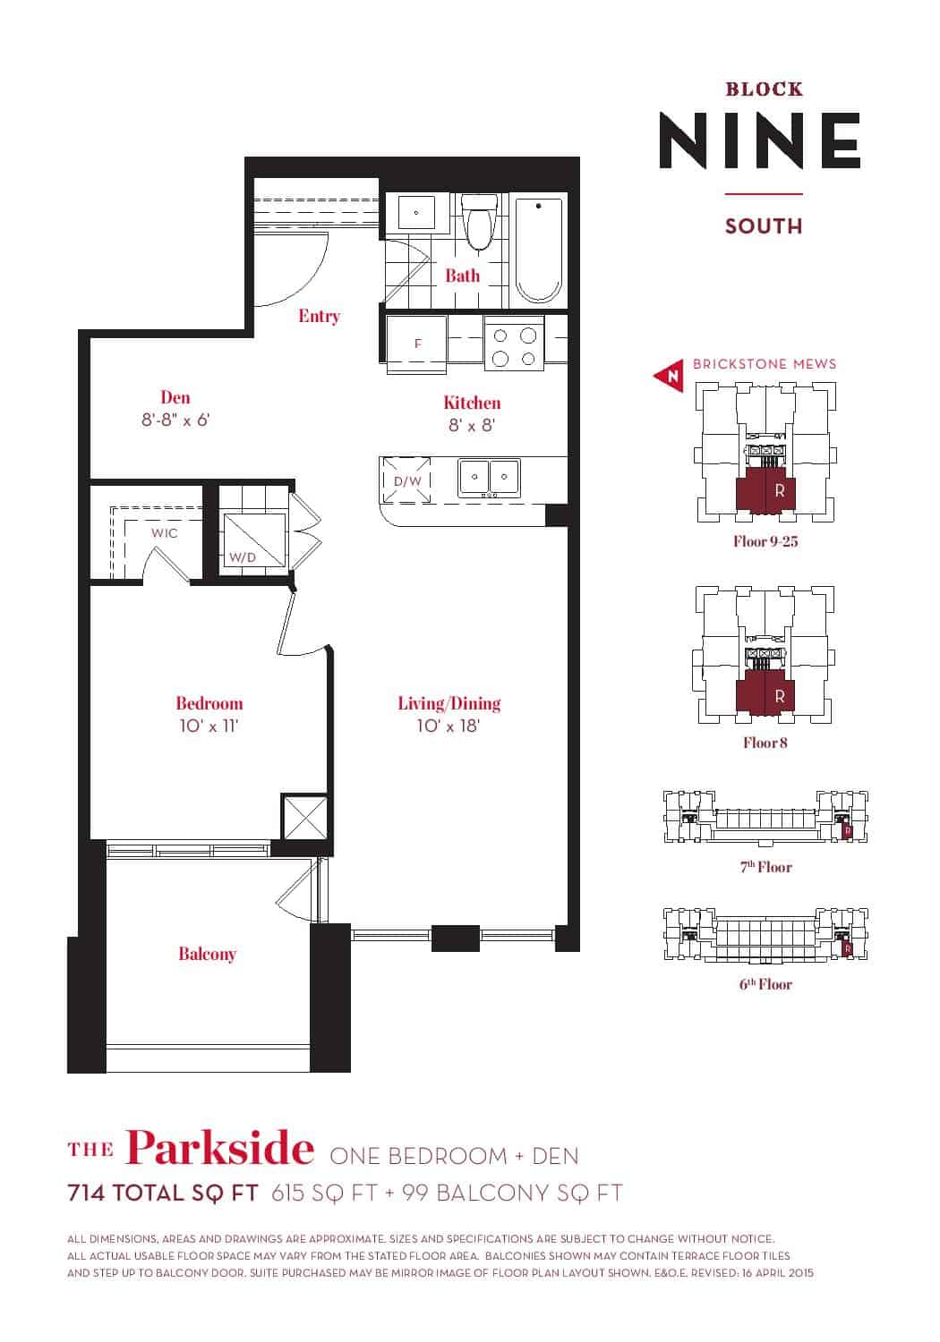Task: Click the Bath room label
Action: coord(462,276)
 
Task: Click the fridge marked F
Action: coord(417,344)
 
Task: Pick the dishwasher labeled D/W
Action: coord(407,480)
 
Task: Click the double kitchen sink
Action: coord(489,478)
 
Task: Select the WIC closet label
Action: coord(164,533)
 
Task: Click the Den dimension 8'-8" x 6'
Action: coord(175,420)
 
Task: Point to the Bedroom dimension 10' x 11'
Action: coord(209,726)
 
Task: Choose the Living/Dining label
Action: coord(449,703)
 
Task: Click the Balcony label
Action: coord(208,954)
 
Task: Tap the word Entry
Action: coord(319,316)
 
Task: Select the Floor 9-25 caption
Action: coord(765,541)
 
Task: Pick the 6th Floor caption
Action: coord(765,984)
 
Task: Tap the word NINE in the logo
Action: coord(760,140)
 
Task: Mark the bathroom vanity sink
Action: coord(415,213)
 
